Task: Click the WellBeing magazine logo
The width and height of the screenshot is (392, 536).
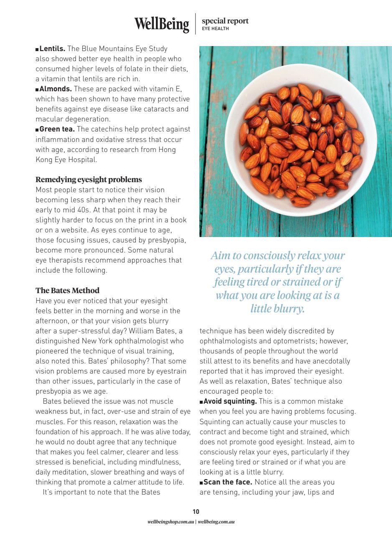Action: point(161,23)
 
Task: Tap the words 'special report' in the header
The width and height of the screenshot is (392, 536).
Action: point(225,21)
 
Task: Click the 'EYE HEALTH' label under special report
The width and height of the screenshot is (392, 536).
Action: point(215,29)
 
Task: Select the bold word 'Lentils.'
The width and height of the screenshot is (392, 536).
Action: point(52,49)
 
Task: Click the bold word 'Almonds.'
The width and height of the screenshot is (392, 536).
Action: point(56,89)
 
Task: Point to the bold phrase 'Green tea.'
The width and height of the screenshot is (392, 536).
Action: point(57,129)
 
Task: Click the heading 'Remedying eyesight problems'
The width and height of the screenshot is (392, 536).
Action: point(89,180)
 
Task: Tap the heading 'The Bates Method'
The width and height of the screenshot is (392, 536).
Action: point(67,290)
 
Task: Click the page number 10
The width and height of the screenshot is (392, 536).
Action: point(196,511)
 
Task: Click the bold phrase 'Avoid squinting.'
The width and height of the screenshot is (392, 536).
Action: point(230,402)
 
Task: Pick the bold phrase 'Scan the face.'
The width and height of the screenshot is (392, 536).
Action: point(228,482)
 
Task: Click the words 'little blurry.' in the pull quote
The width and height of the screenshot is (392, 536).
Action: point(277,309)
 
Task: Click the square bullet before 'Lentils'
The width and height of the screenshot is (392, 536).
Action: point(37,49)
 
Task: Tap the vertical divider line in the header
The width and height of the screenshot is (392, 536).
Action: point(196,23)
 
